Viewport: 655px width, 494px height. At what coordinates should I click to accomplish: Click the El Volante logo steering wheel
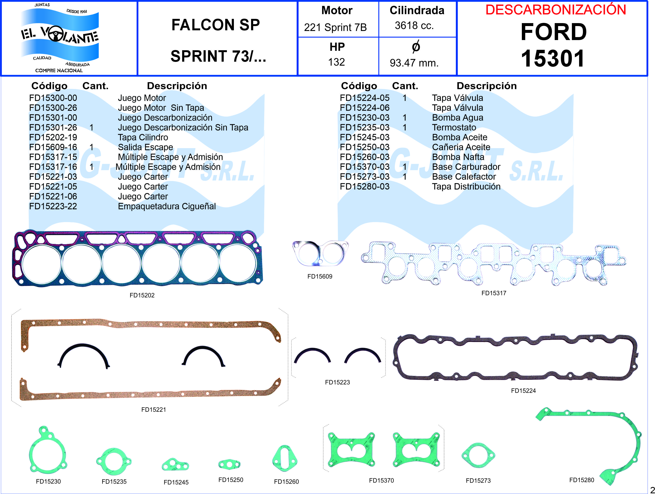pos(56,34)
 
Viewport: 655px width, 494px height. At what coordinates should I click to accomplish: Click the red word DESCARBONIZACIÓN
pos(556,10)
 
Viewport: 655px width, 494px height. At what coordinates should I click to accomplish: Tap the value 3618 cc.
pos(414,26)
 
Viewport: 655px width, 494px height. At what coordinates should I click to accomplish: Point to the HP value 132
pos(336,62)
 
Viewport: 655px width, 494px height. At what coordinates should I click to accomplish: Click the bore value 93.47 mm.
pos(414,63)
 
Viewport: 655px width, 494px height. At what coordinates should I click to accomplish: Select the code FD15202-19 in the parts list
pos(53,137)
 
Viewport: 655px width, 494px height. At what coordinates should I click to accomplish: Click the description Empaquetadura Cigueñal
pos(167,206)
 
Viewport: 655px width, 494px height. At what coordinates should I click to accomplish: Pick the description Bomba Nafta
pos(458,157)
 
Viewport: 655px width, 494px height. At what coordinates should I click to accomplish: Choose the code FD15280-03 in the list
pos(365,186)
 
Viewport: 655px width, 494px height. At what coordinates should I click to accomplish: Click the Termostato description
pos(454,127)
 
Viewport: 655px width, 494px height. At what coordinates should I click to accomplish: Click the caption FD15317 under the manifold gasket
pos(494,293)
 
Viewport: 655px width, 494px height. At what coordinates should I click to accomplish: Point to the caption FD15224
pos(523,391)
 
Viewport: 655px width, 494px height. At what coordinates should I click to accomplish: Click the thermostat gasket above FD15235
pos(114,461)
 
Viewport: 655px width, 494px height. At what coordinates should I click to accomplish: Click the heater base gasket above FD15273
pos(478,455)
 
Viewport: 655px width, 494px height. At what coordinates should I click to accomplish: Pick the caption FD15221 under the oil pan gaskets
pos(154,410)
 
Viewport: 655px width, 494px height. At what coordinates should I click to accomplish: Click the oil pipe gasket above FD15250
pos(229,464)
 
